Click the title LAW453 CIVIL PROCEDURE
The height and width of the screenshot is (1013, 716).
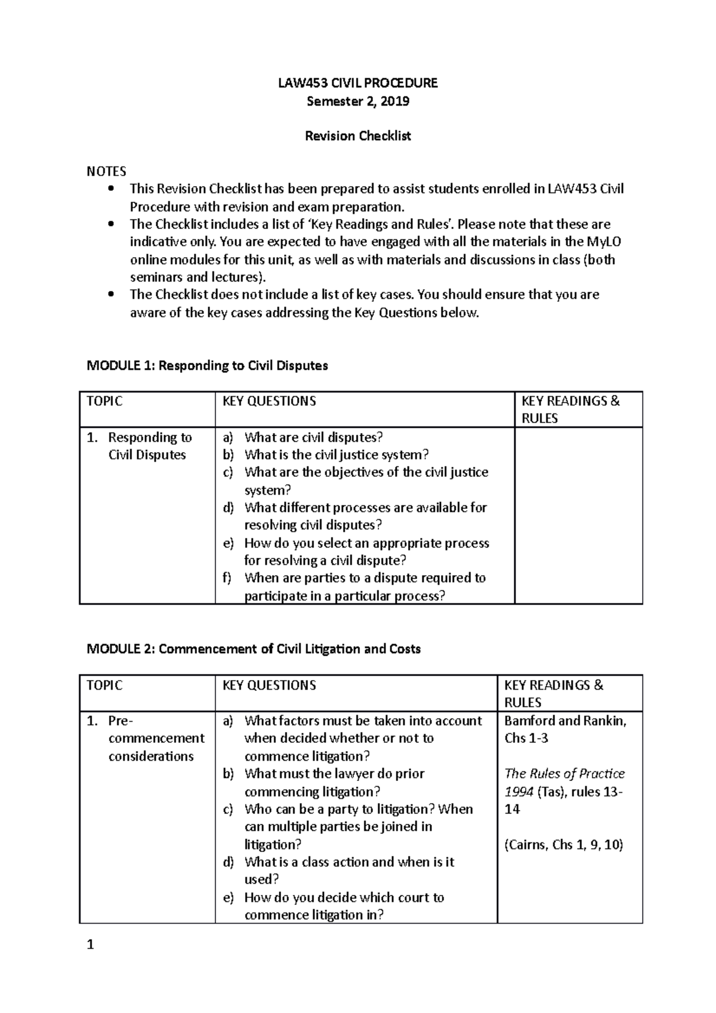(x=357, y=83)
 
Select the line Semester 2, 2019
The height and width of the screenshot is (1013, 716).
(x=357, y=101)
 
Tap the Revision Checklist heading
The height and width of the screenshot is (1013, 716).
(x=357, y=136)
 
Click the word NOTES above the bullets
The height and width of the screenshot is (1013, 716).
(x=106, y=171)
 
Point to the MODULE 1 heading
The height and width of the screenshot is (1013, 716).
(x=207, y=366)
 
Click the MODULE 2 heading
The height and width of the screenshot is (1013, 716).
(x=254, y=649)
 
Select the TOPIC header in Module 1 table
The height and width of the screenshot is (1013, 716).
(x=104, y=401)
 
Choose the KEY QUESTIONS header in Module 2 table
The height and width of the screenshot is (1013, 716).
(x=269, y=685)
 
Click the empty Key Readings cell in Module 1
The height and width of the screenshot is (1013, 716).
(x=578, y=515)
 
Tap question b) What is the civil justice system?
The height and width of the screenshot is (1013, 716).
(x=336, y=455)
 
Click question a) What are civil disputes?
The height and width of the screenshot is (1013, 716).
(x=313, y=437)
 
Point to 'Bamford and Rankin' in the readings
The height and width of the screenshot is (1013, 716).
(x=565, y=721)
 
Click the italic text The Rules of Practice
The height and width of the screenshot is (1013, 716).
(x=564, y=774)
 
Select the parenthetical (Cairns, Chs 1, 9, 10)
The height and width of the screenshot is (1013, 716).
(x=563, y=844)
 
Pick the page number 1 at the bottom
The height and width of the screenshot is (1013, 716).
(x=90, y=945)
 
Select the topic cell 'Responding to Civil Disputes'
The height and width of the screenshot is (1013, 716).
(x=147, y=446)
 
